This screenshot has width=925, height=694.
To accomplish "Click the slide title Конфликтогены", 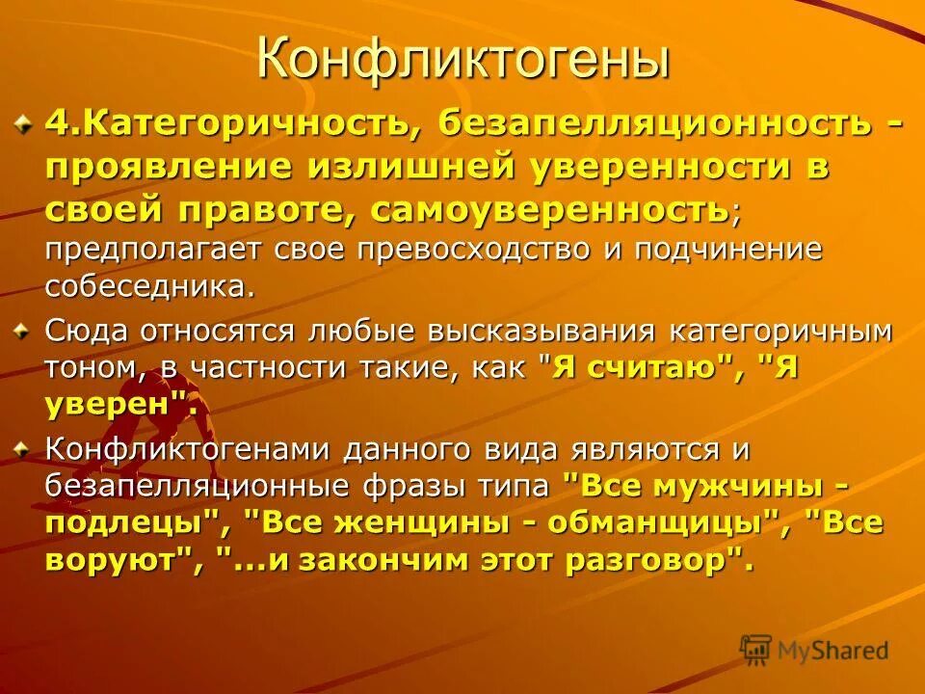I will tap(462, 60).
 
